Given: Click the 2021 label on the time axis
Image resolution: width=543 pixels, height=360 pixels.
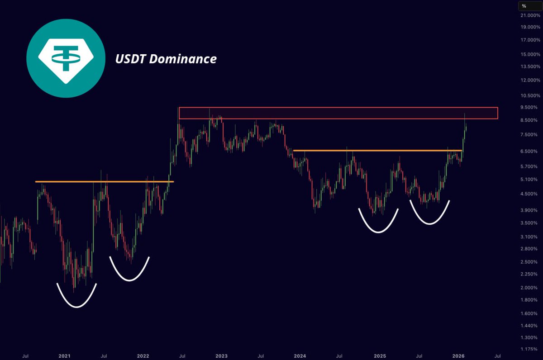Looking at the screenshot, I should pyautogui.click(x=65, y=355).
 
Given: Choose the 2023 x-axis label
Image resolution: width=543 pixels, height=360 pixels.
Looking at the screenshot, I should pyautogui.click(x=221, y=355).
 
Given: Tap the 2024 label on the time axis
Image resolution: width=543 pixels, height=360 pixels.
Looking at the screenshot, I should pyautogui.click(x=300, y=355).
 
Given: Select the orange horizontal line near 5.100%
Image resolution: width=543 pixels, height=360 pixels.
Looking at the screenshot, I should pyautogui.click(x=104, y=182).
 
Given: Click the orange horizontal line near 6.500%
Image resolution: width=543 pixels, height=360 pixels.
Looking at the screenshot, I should pyautogui.click(x=377, y=150).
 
